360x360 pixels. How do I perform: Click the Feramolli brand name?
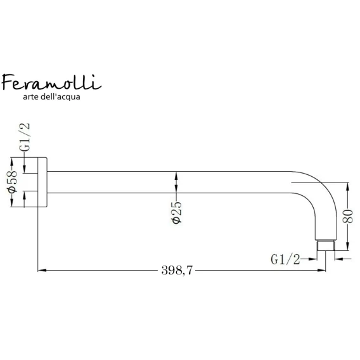tap(52, 82)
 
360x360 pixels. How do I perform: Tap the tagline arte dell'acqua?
tap(52, 97)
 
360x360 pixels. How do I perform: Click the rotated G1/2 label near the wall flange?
tap(25, 137)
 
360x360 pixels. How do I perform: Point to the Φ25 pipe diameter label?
tap(176, 212)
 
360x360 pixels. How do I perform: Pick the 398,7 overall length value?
tap(177, 270)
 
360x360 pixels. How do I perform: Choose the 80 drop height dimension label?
tap(347, 216)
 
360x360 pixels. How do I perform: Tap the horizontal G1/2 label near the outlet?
tap(285, 259)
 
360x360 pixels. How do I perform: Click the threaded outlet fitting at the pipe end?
tap(326, 245)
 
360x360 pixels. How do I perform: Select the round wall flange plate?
tap(42, 182)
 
